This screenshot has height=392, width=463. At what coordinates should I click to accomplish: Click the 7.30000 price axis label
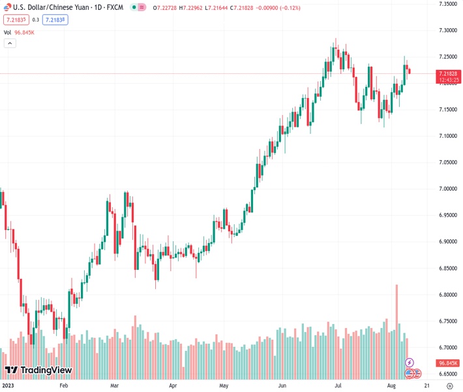coord(447,30)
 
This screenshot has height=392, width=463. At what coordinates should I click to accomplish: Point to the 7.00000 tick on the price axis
coord(447,189)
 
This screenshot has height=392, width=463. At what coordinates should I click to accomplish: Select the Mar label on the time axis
coord(114,385)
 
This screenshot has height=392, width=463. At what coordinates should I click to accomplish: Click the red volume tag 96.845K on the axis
coord(448,363)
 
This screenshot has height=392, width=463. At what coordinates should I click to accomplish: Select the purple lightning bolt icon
coord(410,362)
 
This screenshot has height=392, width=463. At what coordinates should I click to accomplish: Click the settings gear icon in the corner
coord(448,385)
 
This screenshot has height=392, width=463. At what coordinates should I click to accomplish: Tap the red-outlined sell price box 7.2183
coord(14,20)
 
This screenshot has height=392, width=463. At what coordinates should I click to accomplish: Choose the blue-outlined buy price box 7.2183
coord(55,20)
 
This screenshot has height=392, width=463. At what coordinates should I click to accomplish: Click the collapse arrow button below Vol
coord(9,43)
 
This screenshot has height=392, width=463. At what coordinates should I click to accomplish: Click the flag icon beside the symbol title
coord(8,7)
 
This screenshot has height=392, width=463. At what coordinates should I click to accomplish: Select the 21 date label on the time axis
coord(425,385)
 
